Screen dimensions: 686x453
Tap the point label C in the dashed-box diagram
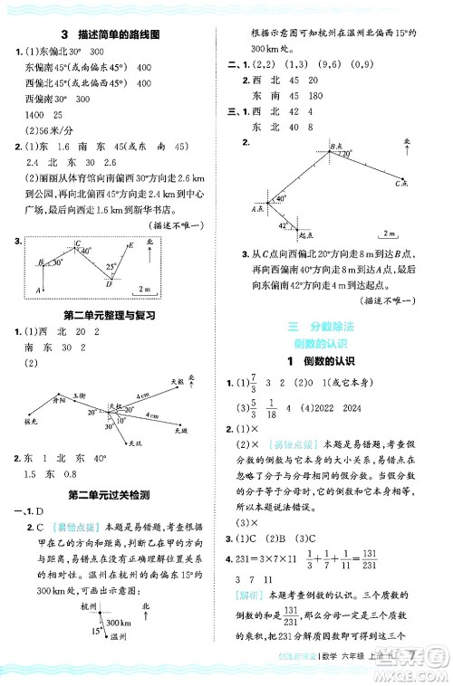pyautogui.click(x=79, y=244)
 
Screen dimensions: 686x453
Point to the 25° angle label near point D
pyautogui.click(x=111, y=268)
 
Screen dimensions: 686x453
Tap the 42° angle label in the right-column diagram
pyautogui.click(x=283, y=224)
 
